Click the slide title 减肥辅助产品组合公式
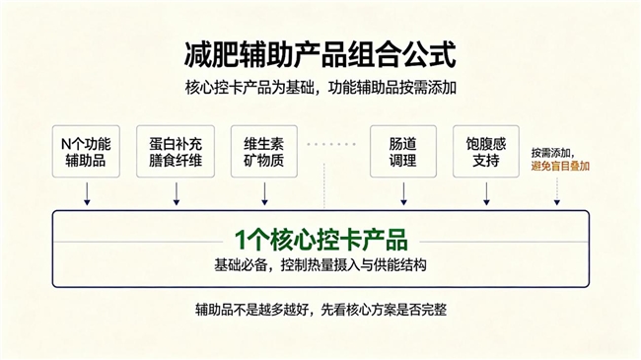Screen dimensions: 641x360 (320, 54)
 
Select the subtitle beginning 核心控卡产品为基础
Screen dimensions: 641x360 (320, 88)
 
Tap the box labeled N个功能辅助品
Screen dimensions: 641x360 (86, 151)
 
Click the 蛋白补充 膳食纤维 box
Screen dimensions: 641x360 (176, 151)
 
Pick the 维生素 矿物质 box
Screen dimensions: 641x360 (264, 151)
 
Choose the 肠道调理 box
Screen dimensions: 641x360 (403, 151)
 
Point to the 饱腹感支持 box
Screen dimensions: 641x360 (486, 151)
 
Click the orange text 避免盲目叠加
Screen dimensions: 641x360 (560, 166)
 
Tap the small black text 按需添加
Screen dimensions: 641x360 (551, 153)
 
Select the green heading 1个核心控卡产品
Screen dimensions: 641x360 (320, 240)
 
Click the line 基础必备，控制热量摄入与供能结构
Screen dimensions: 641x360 (320, 265)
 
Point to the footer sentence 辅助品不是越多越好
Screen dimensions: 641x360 (320, 310)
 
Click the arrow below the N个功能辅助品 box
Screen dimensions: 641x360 (87, 193)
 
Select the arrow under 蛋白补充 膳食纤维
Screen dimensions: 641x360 (177, 193)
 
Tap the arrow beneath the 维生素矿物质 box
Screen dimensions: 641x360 (264, 193)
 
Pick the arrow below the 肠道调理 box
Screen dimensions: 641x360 (403, 193)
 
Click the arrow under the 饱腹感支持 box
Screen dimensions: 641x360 (486, 193)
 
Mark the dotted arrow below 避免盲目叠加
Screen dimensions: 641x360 (557, 191)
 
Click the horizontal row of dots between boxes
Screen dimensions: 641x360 (331, 144)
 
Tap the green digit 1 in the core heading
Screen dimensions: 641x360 (240, 240)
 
